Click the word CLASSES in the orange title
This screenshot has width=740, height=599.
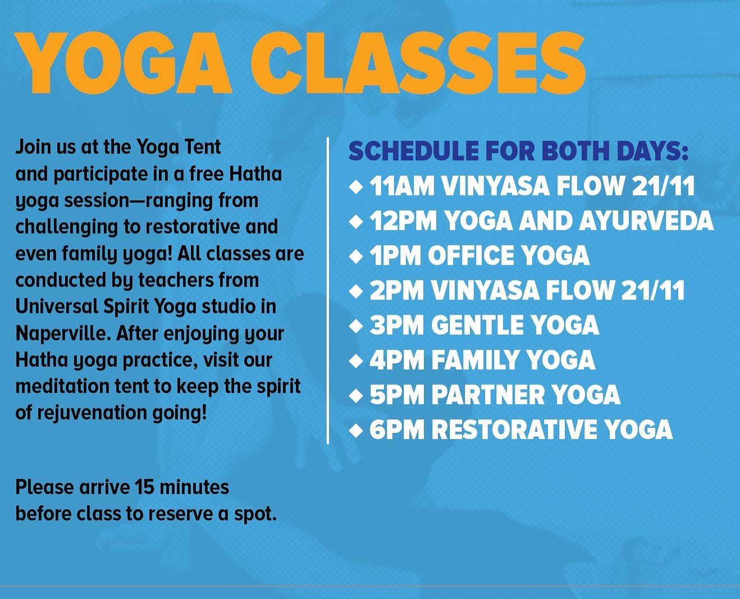418,63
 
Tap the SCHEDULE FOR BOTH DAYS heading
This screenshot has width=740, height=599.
518,151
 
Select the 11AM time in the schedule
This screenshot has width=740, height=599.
402,186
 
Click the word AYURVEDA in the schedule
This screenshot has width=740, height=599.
646,221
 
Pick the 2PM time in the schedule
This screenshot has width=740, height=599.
397,290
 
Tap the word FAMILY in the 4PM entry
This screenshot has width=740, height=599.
475,360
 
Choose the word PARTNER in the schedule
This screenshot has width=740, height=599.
488,395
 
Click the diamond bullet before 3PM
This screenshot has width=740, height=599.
356,326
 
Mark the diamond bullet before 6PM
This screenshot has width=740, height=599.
356,430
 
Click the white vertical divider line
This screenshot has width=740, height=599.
328,291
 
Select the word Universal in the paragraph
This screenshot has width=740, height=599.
57,307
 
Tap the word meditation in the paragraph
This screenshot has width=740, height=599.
62,386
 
